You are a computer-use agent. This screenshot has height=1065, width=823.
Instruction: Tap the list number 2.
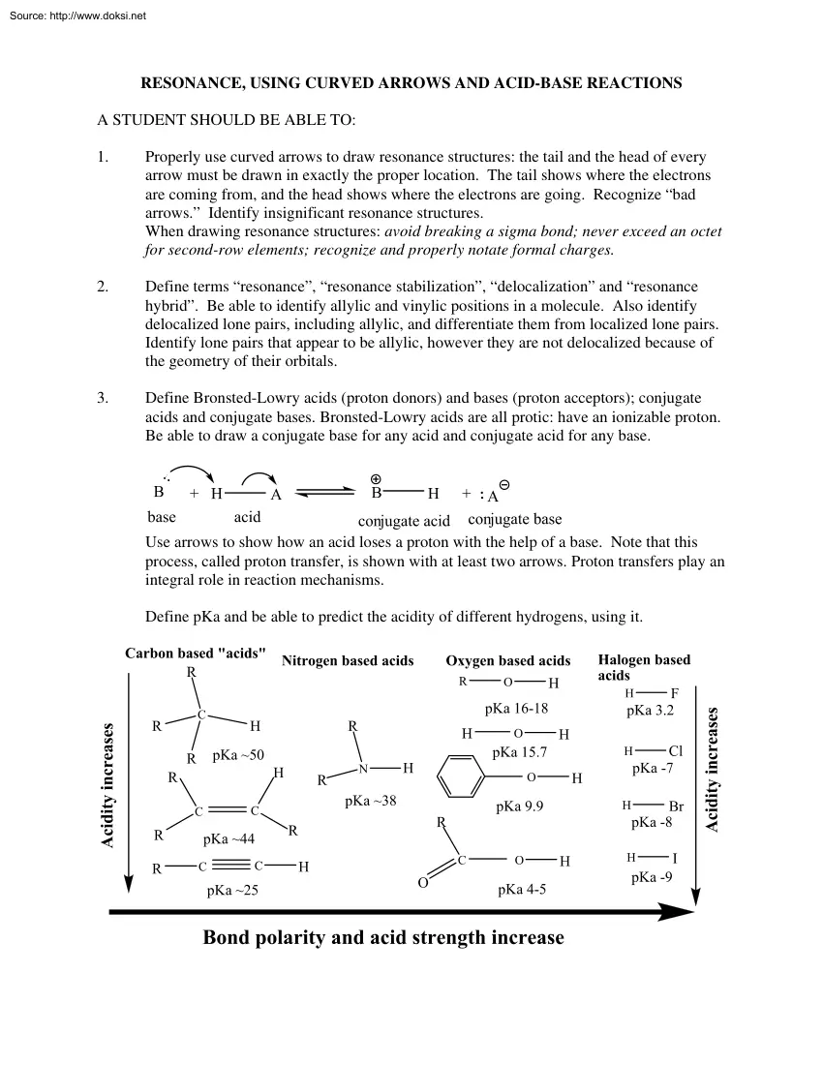(x=103, y=288)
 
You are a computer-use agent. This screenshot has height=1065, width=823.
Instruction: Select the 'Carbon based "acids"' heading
(x=195, y=654)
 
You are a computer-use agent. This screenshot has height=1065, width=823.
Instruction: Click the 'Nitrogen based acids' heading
(x=348, y=660)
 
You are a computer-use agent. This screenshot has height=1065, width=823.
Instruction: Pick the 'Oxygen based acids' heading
(x=507, y=660)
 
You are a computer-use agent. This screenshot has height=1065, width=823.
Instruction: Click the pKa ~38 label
(x=371, y=801)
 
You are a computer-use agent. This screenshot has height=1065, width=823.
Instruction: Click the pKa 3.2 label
(x=650, y=710)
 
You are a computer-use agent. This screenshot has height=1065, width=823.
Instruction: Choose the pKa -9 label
(x=650, y=877)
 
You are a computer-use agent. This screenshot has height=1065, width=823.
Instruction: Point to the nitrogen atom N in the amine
(x=363, y=769)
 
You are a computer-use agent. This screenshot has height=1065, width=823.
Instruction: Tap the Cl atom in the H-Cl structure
(x=676, y=750)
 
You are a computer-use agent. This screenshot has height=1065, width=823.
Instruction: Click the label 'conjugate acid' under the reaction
(x=404, y=521)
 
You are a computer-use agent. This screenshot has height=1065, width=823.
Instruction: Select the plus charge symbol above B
(x=376, y=477)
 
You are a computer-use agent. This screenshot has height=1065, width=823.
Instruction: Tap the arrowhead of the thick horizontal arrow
(x=678, y=911)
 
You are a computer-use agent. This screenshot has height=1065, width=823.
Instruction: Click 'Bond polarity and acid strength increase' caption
(x=383, y=937)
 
